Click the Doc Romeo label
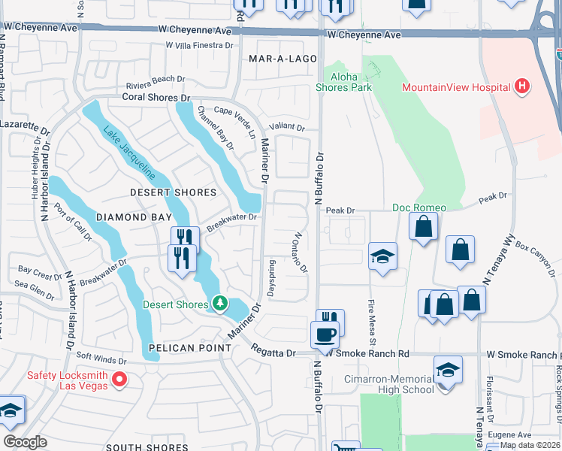pyautogui.click(x=419, y=207)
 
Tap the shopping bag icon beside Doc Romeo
pyautogui.click(x=424, y=227)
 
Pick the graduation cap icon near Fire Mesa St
pyautogui.click(x=382, y=257)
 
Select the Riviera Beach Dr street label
pyautogui.click(x=155, y=79)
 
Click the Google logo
pyautogui.click(x=25, y=442)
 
